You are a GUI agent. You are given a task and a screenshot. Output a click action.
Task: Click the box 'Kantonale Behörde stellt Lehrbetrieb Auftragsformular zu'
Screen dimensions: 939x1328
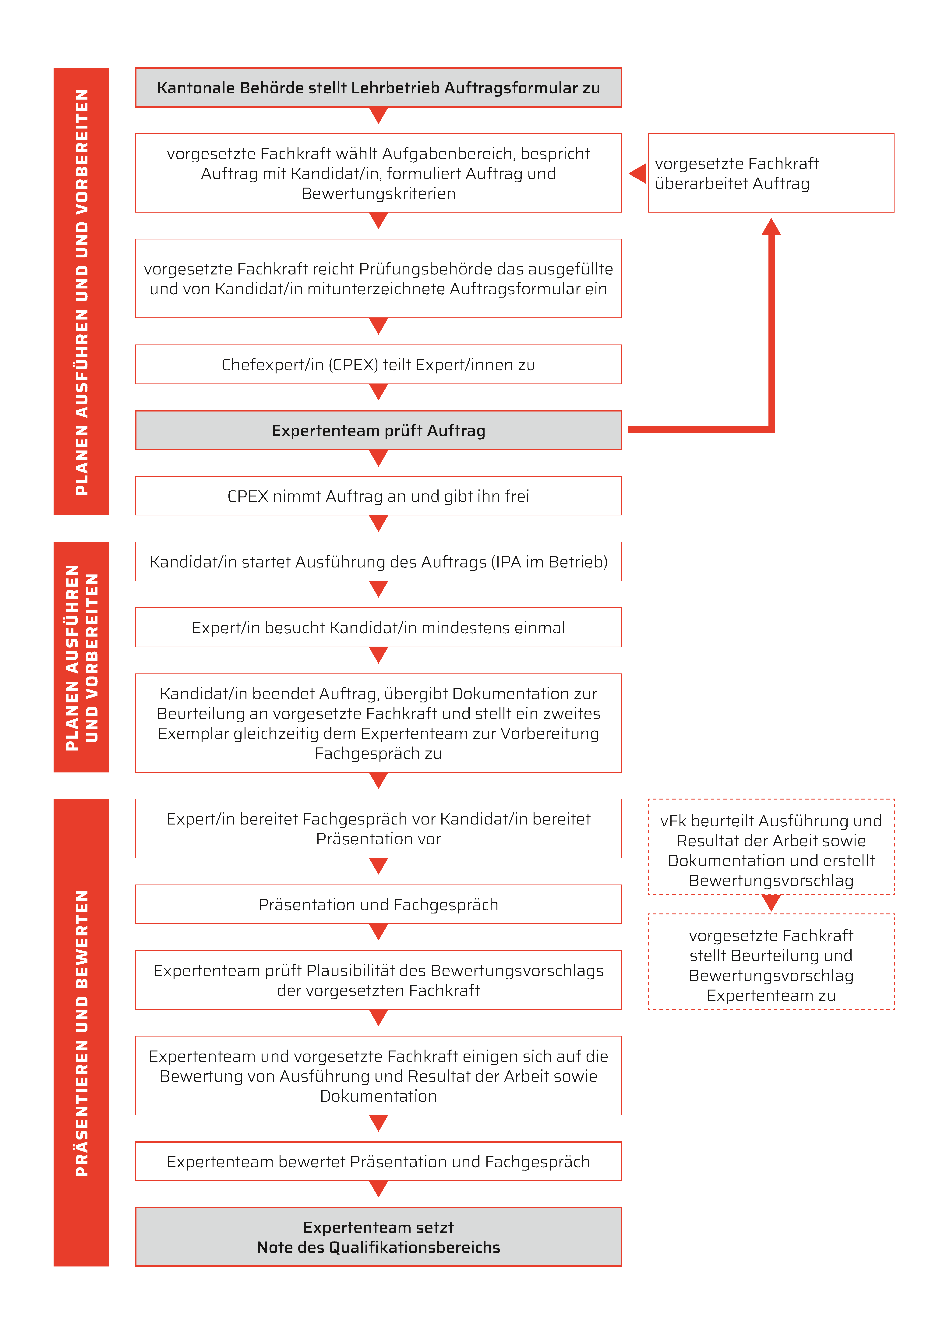[378, 87]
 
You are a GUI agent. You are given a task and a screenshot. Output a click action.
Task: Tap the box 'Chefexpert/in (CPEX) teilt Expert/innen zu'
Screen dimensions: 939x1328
[378, 364]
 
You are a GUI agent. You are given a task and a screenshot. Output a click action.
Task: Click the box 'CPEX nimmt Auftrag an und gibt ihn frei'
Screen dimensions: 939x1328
[378, 496]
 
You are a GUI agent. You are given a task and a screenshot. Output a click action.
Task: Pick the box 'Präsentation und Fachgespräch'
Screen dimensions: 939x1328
[378, 904]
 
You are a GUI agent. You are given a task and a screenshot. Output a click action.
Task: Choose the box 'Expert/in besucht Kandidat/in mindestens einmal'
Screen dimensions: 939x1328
[378, 627]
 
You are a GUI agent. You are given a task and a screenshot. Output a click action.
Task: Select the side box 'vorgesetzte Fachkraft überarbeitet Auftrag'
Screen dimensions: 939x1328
[771, 173]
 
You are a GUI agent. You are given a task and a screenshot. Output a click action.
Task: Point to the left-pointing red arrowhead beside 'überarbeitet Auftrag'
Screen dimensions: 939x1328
[637, 173]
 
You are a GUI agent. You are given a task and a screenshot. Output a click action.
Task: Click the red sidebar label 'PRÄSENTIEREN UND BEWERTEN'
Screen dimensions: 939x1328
[82, 1033]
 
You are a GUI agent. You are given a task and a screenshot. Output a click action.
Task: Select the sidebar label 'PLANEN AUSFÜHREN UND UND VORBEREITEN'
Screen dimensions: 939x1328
[82, 291]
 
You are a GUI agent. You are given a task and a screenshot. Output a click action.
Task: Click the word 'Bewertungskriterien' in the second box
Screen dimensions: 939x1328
[378, 193]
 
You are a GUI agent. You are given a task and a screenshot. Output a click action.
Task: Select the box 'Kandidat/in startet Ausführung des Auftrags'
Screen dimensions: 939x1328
[378, 562]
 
